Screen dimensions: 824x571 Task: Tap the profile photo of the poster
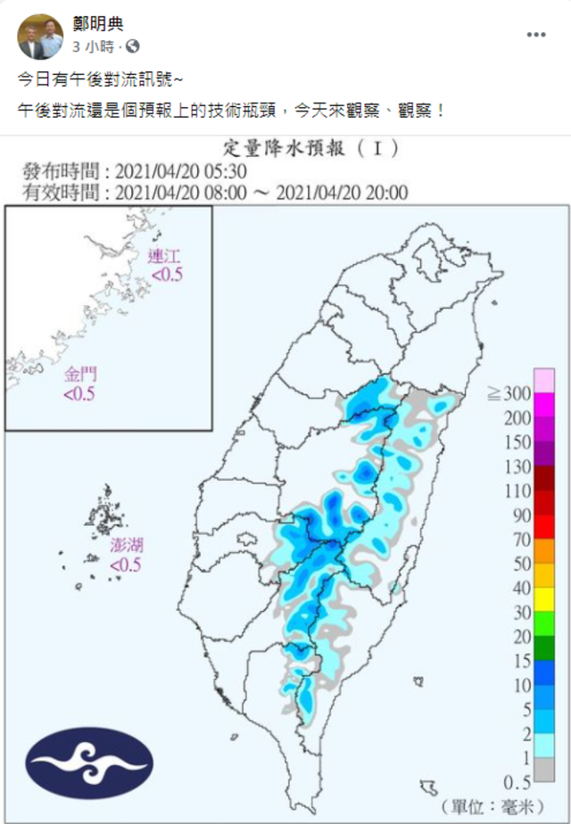pos(40,36)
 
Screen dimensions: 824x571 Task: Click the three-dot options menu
pos(535,35)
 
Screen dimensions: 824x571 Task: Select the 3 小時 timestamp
pos(93,45)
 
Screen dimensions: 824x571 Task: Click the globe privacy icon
pos(132,45)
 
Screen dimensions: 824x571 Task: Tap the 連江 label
pos(165,260)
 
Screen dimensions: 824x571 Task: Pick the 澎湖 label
pos(126,546)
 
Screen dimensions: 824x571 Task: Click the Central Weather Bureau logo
pos(89,762)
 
